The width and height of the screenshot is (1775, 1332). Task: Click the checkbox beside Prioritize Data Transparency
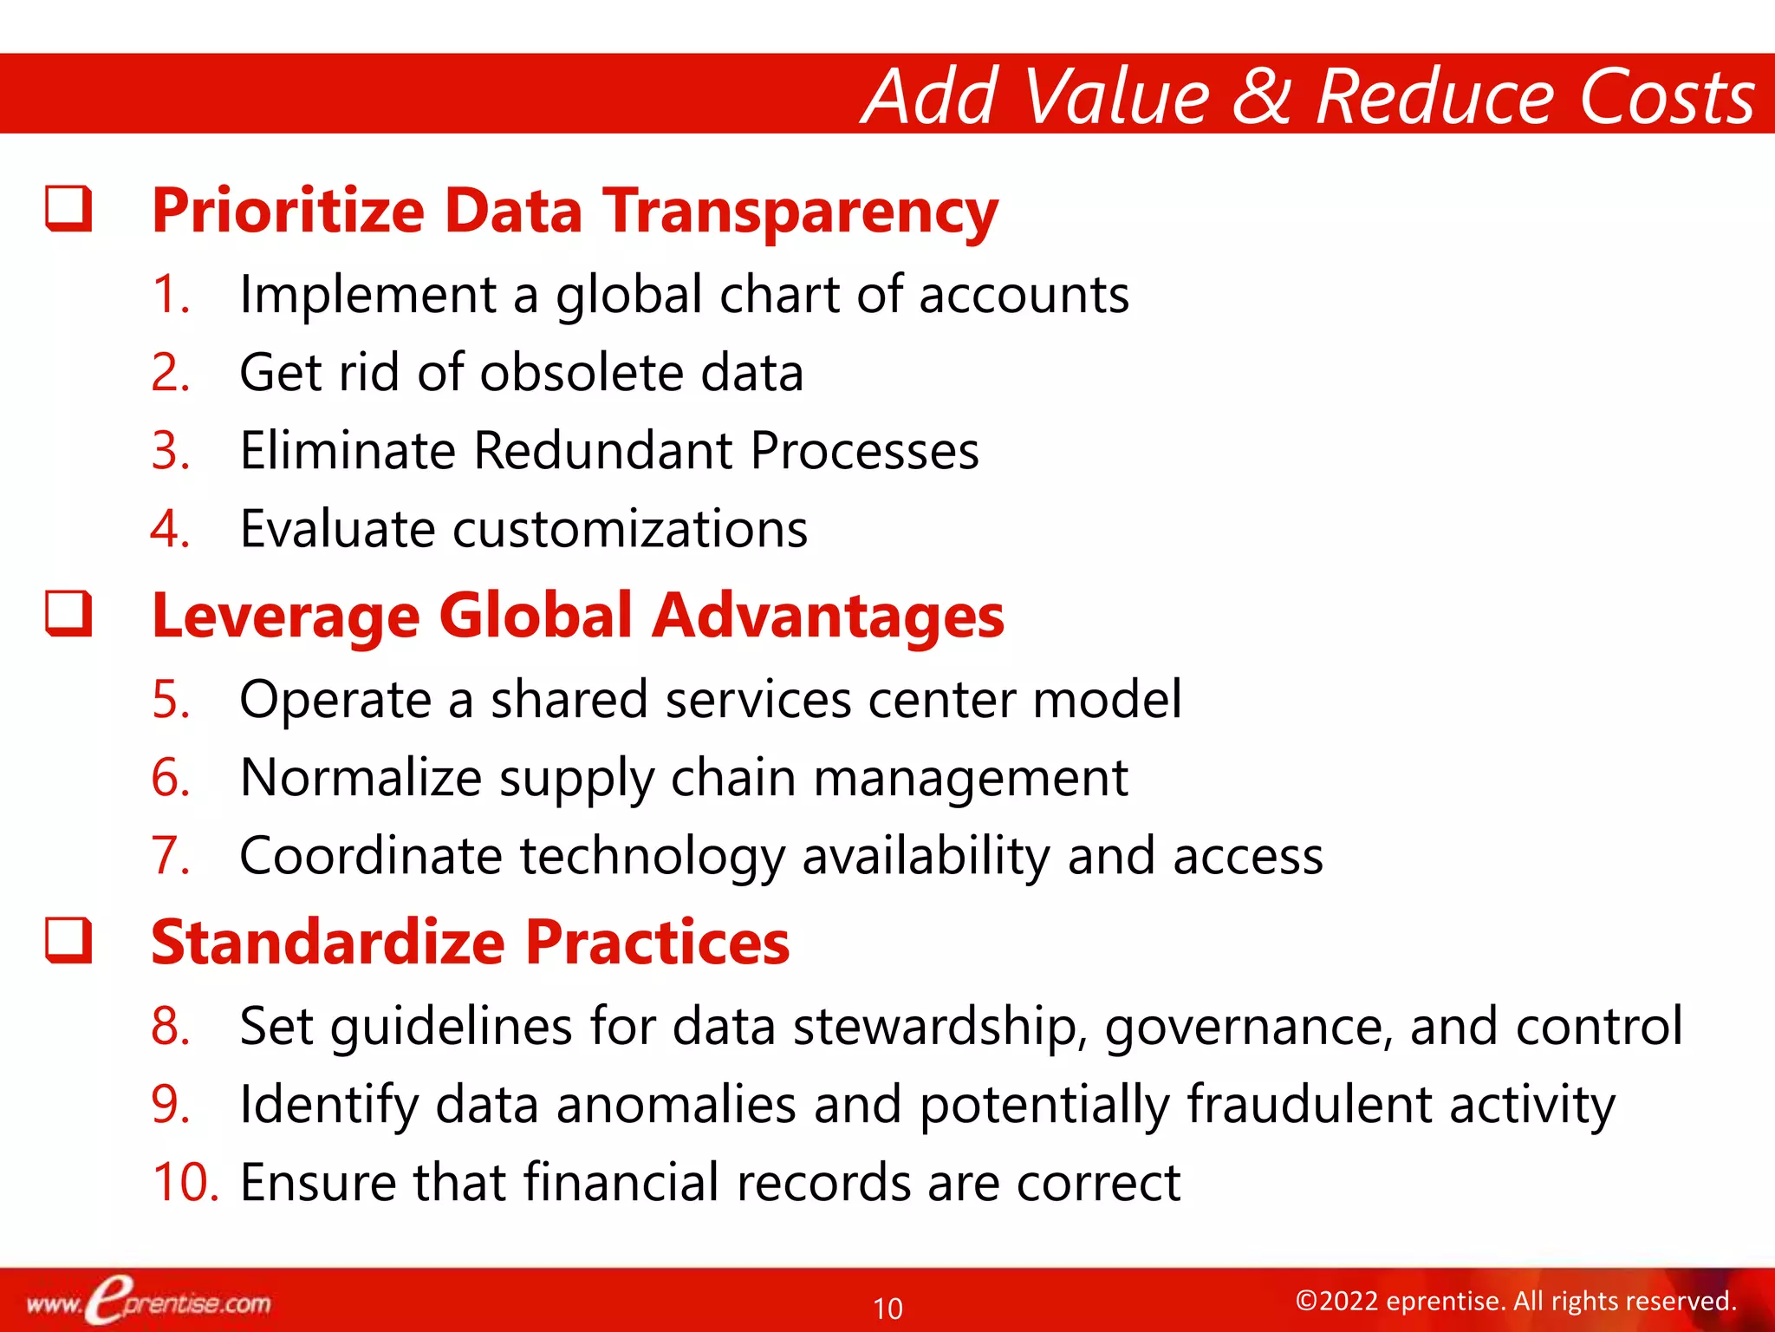click(x=69, y=208)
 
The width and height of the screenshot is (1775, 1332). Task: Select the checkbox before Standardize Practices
click(x=69, y=940)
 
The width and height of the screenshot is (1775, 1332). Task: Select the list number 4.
click(x=169, y=529)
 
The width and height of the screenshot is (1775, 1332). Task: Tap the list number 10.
click(x=185, y=1182)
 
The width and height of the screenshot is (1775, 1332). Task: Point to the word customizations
click(x=629, y=529)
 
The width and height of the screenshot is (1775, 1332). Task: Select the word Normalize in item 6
click(x=361, y=777)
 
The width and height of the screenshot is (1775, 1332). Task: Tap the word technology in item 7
click(x=652, y=857)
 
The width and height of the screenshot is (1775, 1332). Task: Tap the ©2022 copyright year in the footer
click(x=1336, y=1301)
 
